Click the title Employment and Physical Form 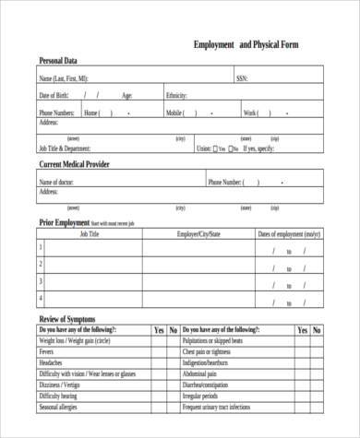246,44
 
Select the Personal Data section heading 58,61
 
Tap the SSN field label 243,78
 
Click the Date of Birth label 54,95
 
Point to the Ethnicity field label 177,95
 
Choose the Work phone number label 250,112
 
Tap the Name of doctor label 56,182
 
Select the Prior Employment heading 64,222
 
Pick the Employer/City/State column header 198,235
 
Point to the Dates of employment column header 289,235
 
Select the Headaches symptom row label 52,362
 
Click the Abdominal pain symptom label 202,373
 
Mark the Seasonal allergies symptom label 60,407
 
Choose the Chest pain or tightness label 207,351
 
